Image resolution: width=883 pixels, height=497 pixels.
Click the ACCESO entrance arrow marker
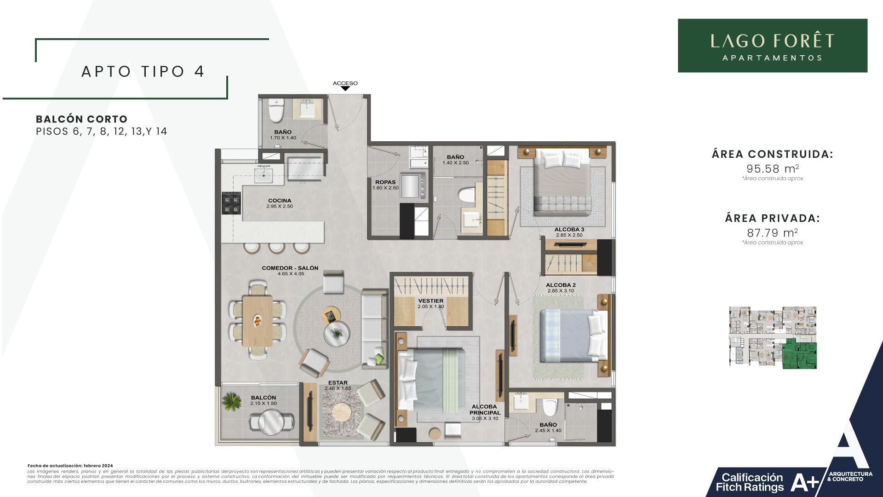pos(345,88)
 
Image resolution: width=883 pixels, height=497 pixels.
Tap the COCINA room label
pos(280,201)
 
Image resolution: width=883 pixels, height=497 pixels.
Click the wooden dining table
pos(258,321)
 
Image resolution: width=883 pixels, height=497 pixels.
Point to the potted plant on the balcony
pos(231,401)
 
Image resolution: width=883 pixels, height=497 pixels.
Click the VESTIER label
pos(431,301)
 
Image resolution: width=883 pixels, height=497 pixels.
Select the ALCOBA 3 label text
pos(569,230)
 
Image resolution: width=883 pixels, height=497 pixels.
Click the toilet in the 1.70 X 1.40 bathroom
pos(276,112)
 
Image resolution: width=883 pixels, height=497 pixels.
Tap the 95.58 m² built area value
pos(772,168)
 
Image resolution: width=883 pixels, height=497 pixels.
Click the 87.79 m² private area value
pos(772,232)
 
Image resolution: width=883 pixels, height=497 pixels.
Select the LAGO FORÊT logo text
pos(772,41)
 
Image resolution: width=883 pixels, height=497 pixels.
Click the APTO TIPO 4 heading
pos(143,71)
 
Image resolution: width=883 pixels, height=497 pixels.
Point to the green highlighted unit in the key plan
pos(800,354)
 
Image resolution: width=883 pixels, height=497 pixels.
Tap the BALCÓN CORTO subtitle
pos(81,119)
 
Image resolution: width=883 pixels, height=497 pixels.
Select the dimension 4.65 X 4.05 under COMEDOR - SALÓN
pos(291,274)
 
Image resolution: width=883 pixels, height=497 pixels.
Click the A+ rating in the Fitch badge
pos(805,482)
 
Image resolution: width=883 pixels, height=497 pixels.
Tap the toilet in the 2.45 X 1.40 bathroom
pos(550,407)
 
